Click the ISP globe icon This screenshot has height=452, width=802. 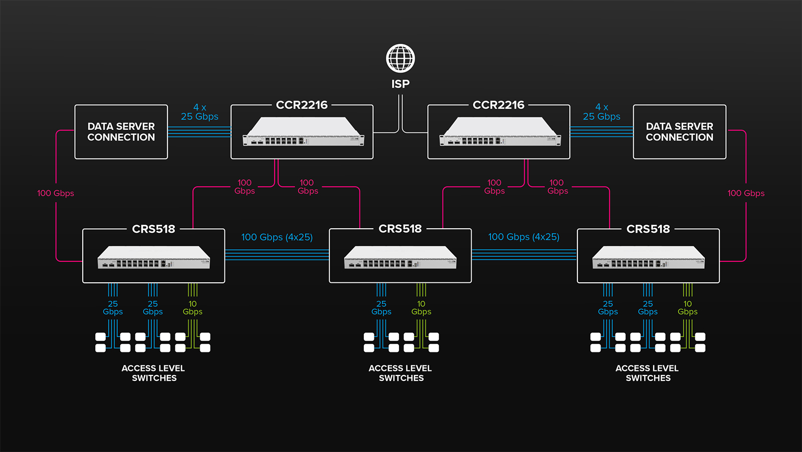click(x=400, y=58)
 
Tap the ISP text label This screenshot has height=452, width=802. click(x=400, y=84)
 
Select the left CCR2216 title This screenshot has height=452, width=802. click(x=301, y=105)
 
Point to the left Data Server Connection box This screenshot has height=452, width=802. click(x=121, y=132)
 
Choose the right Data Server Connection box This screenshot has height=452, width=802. click(x=680, y=132)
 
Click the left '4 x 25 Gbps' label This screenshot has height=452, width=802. click(x=199, y=112)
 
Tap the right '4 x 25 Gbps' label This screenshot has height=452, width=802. click(x=601, y=112)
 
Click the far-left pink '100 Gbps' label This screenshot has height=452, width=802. click(x=56, y=193)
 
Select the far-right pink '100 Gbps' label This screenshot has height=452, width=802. click(x=746, y=193)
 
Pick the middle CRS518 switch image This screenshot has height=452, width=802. click(x=400, y=257)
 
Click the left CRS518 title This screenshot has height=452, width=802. click(x=153, y=229)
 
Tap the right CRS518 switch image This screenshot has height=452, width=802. click(x=649, y=257)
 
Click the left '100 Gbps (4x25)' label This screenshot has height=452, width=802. click(x=277, y=237)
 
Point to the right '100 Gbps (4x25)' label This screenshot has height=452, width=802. click(x=524, y=237)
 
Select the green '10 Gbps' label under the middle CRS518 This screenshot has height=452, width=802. click(x=421, y=308)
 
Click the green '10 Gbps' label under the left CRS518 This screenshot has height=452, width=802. click(x=192, y=308)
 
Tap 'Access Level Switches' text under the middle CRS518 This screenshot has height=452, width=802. click(x=400, y=373)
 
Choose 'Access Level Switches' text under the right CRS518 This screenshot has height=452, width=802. click(x=647, y=373)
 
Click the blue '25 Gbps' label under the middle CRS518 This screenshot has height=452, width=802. click(x=381, y=308)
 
